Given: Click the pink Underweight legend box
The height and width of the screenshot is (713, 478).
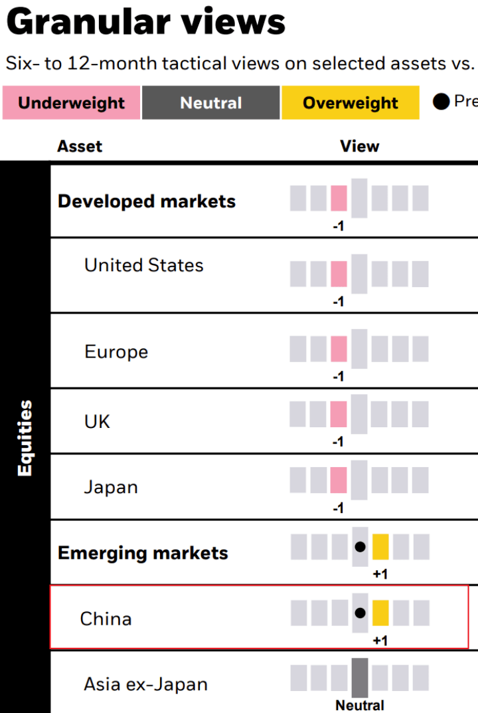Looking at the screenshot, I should click(x=72, y=103).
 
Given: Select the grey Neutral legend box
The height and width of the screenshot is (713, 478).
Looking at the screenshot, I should click(x=211, y=103).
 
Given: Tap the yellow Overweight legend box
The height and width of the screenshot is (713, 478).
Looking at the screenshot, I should click(x=351, y=103).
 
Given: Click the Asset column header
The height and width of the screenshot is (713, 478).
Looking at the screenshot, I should click(x=80, y=146).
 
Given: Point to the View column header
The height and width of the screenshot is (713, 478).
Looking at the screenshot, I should click(x=360, y=146).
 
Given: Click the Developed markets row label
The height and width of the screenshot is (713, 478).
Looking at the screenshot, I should click(x=147, y=201).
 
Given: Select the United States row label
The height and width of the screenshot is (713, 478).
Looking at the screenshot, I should click(x=143, y=265).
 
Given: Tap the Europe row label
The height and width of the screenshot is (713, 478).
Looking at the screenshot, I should click(x=116, y=352).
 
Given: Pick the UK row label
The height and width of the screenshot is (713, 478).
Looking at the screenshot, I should click(x=97, y=421).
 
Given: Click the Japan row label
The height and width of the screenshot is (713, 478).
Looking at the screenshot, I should click(x=111, y=487).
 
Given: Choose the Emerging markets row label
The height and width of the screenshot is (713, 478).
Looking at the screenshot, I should click(x=143, y=553).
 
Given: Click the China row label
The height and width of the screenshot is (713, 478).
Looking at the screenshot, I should click(x=106, y=619).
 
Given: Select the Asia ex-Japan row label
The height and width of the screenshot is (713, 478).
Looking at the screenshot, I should click(x=145, y=684).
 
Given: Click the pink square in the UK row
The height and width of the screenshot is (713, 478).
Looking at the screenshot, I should click(x=339, y=414).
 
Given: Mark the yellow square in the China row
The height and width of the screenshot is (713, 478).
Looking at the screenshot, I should click(x=380, y=613).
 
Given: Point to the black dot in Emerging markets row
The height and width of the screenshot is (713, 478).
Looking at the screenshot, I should click(x=360, y=547).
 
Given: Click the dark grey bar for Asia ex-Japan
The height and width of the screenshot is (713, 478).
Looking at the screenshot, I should click(x=360, y=677).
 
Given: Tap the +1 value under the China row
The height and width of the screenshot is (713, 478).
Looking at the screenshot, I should click(x=380, y=641).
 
